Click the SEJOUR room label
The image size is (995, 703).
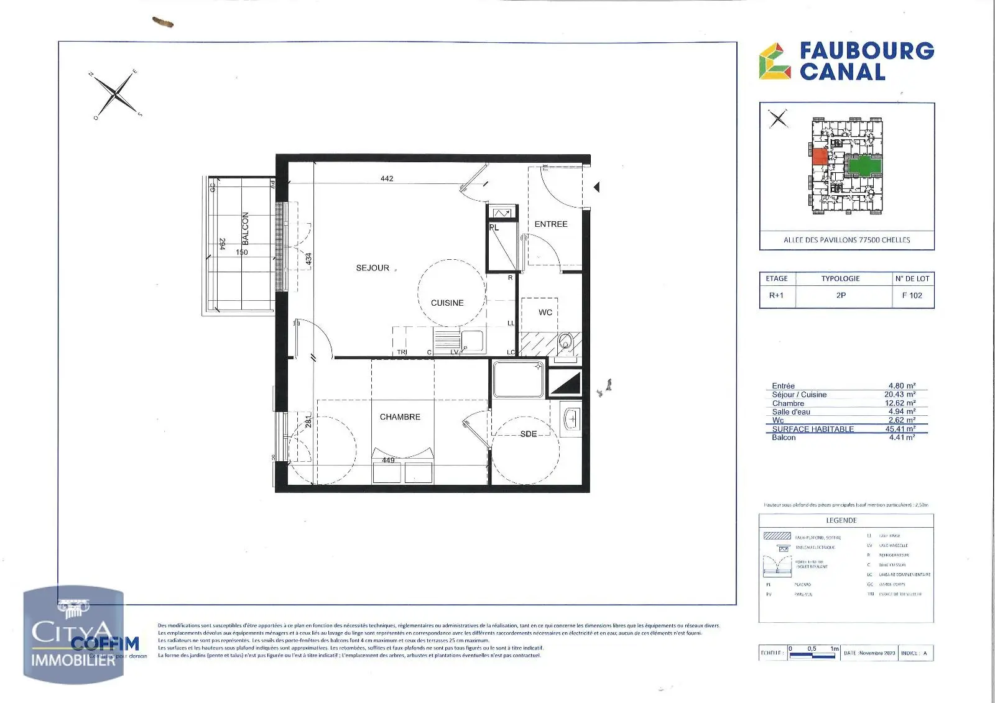pos(373,268)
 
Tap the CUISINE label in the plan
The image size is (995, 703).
pos(447,303)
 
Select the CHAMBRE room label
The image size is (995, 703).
pos(400,417)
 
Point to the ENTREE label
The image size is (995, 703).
pos(551,224)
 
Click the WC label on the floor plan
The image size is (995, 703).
pos(545,313)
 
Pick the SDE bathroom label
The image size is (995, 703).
pos(528,434)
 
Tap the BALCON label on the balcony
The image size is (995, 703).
pos(245,228)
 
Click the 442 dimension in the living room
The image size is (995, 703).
pos(387,178)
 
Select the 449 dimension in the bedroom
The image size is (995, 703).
pos(388,461)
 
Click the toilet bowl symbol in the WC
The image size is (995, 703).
pos(565,342)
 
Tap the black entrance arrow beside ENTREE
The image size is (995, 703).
pos(596,187)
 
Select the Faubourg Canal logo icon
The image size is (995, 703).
pos(774,62)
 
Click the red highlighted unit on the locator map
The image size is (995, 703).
pos(820,157)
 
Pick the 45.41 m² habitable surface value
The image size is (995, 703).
pos(900,429)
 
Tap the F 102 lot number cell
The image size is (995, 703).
pos(912,295)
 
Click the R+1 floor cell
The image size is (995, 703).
pos(776,295)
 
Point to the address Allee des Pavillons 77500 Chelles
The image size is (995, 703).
pos(846,240)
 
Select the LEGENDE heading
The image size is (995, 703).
pos(841,520)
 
